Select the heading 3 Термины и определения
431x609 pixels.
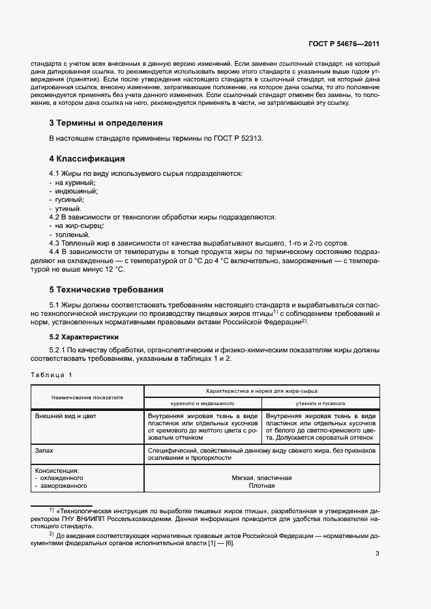(x=106, y=122)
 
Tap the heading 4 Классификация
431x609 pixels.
(x=87, y=159)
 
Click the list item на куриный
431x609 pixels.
(x=74, y=183)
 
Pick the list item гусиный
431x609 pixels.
(x=70, y=200)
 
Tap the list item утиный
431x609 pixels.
(x=67, y=208)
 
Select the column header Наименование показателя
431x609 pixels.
(x=87, y=397)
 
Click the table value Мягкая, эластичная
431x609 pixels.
(x=261, y=477)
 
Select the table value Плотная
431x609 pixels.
(x=261, y=486)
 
